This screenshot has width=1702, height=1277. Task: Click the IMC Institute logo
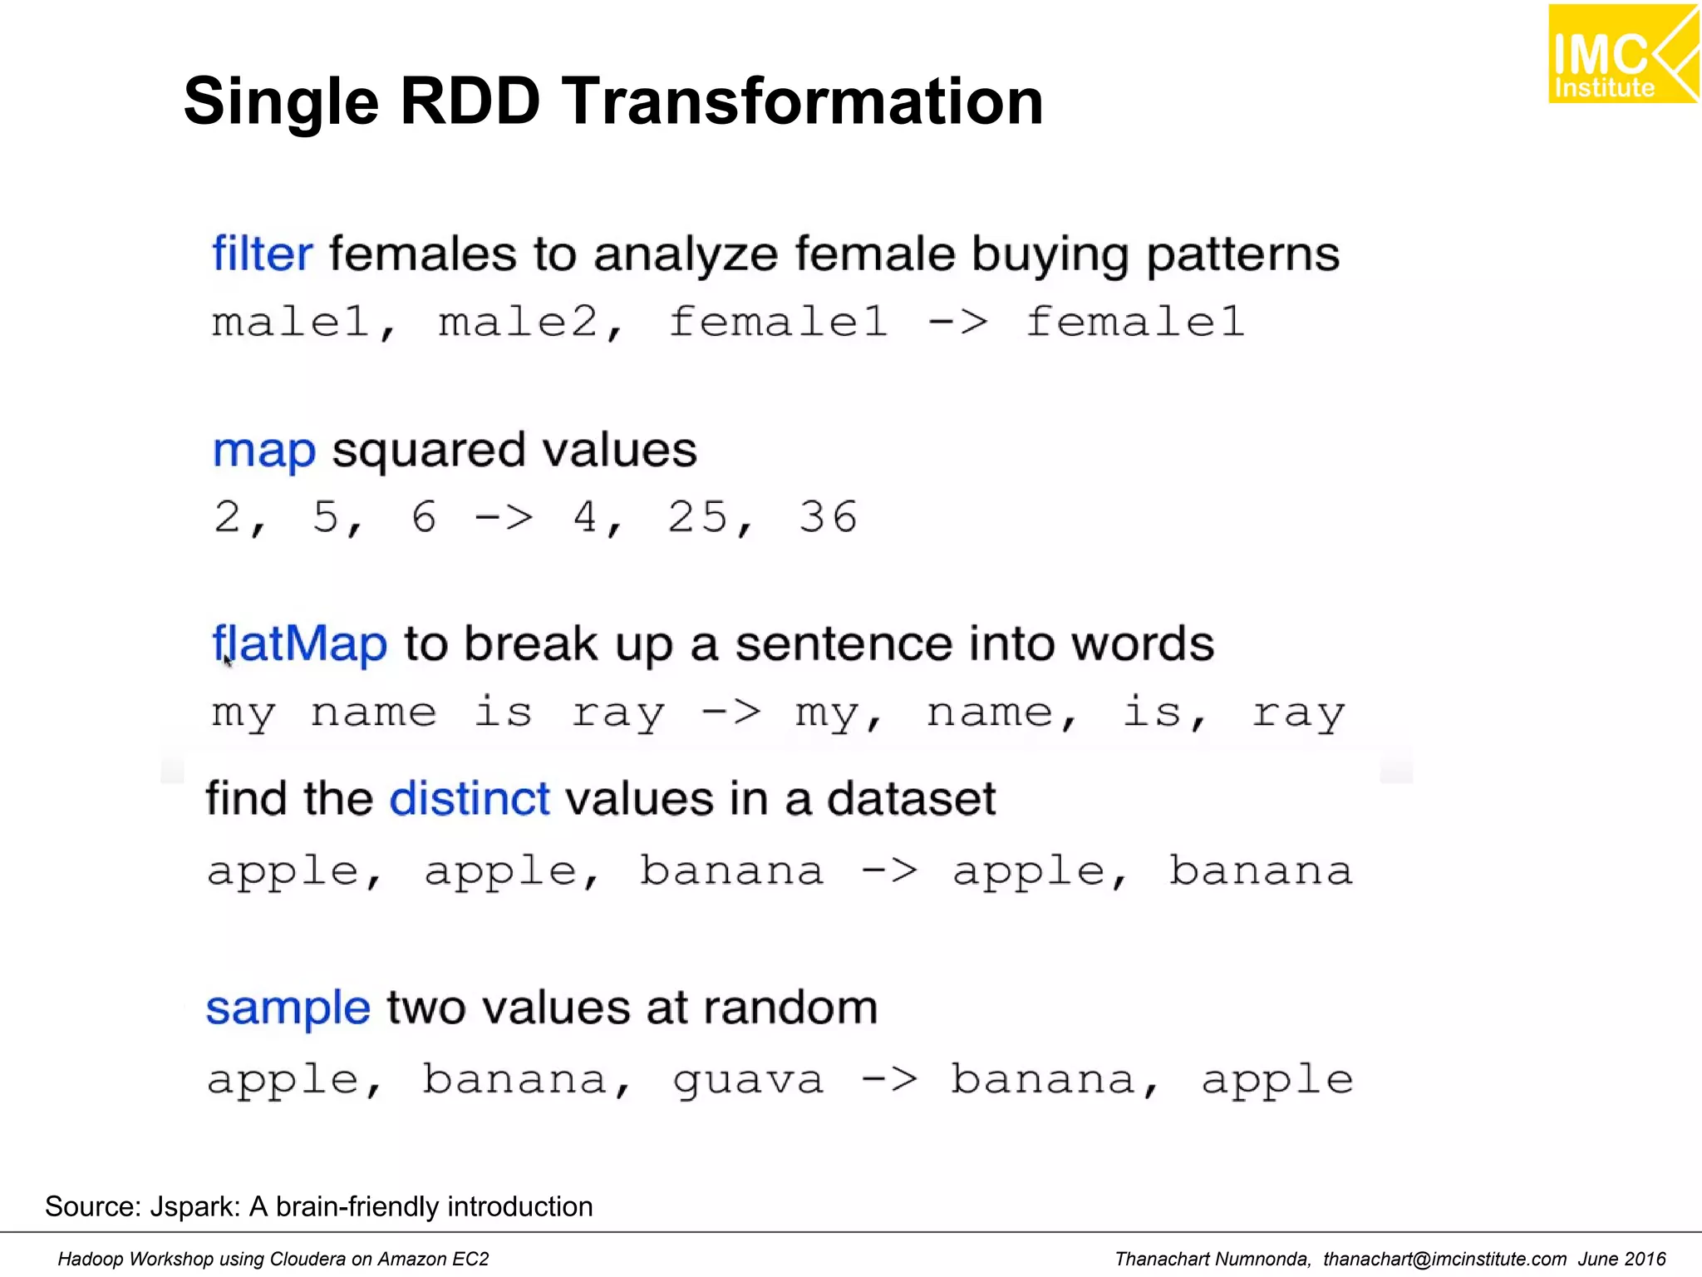tap(1622, 55)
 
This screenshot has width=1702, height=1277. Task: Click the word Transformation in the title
tap(802, 101)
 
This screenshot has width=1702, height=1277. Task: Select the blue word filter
tap(262, 254)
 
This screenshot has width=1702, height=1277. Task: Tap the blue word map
tap(264, 451)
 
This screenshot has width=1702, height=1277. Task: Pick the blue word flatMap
tap(300, 644)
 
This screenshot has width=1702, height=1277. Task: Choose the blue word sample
tap(288, 1008)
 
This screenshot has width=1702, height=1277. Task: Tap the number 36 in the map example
tap(828, 517)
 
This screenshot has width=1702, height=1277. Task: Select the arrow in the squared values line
tap(503, 518)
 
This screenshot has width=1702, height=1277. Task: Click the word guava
tap(748, 1081)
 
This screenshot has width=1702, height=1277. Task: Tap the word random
tap(790, 1008)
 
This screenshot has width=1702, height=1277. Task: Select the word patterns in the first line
tap(1242, 254)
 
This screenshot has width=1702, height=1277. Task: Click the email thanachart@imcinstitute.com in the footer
tap(1444, 1259)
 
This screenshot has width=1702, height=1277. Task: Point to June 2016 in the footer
tap(1621, 1259)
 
